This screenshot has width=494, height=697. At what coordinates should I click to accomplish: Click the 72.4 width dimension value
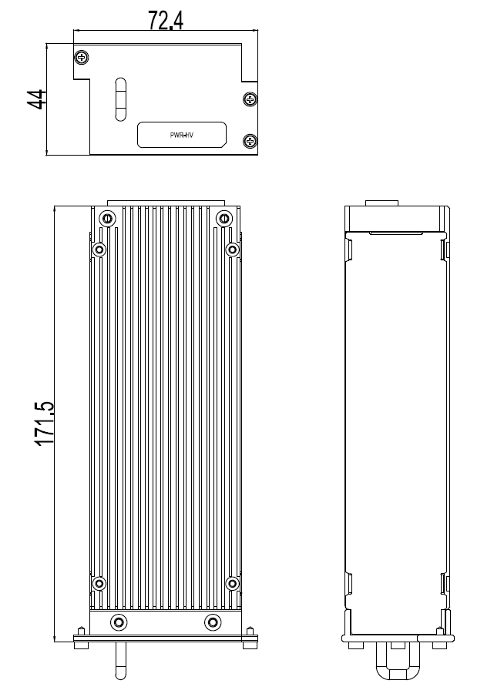(x=165, y=21)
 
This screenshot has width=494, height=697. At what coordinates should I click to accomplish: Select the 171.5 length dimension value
(x=44, y=423)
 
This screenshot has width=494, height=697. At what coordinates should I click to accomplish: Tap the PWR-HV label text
(x=182, y=135)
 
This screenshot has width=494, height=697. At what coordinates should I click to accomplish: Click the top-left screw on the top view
(x=82, y=56)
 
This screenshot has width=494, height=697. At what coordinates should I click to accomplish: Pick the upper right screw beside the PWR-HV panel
(x=249, y=99)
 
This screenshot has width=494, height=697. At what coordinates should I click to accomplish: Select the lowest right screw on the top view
(x=249, y=140)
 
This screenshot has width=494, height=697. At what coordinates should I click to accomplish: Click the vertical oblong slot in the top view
(x=119, y=99)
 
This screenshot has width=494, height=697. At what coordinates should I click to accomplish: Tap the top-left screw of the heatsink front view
(x=107, y=218)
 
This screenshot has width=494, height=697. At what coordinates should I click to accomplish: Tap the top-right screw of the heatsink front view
(x=223, y=218)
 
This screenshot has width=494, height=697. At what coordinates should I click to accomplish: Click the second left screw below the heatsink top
(x=99, y=250)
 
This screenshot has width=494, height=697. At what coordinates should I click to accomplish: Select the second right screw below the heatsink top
(x=232, y=250)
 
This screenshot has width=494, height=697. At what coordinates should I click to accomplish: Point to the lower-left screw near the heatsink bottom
(x=99, y=583)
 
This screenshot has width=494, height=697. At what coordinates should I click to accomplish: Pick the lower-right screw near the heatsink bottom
(x=232, y=583)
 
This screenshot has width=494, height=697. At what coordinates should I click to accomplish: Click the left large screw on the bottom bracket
(x=118, y=622)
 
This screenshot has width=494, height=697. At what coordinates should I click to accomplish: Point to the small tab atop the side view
(x=381, y=203)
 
